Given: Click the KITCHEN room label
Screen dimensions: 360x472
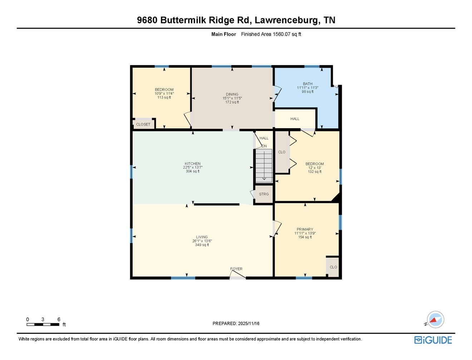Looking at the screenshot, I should pyautogui.click(x=192, y=164).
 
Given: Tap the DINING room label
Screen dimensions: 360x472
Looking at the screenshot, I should pyautogui.click(x=232, y=94).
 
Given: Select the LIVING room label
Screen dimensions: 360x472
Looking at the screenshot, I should pyautogui.click(x=202, y=237).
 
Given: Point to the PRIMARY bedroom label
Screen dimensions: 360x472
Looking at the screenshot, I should pyautogui.click(x=305, y=229).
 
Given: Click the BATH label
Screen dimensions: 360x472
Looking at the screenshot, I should pyautogui.click(x=308, y=84).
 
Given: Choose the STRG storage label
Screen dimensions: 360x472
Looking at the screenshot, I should pyautogui.click(x=264, y=194).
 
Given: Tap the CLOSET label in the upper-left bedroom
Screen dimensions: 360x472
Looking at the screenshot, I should pyautogui.click(x=143, y=124).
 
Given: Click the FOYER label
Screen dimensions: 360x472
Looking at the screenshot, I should pyautogui.click(x=236, y=269).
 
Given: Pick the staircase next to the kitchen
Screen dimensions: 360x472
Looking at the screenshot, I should pyautogui.click(x=264, y=165).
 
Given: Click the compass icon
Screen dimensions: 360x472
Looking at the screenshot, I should pyautogui.click(x=435, y=320).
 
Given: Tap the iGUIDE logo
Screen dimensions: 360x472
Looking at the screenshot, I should pyautogui.click(x=433, y=340).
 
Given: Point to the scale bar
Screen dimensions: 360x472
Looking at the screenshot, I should pyautogui.click(x=43, y=324).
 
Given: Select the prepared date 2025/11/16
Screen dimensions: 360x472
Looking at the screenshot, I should pyautogui.click(x=236, y=323).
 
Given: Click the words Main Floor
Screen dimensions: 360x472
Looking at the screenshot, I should pyautogui.click(x=223, y=34).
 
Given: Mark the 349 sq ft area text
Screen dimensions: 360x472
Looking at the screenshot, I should pyautogui.click(x=202, y=245).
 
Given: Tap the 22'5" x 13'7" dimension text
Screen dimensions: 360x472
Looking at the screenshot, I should pyautogui.click(x=192, y=167).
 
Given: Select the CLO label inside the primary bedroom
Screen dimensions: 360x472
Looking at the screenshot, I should pyautogui.click(x=333, y=267).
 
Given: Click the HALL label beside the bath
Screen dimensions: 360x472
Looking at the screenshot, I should pyautogui.click(x=295, y=119).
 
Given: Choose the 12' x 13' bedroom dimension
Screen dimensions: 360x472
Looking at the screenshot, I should pyautogui.click(x=315, y=168).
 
